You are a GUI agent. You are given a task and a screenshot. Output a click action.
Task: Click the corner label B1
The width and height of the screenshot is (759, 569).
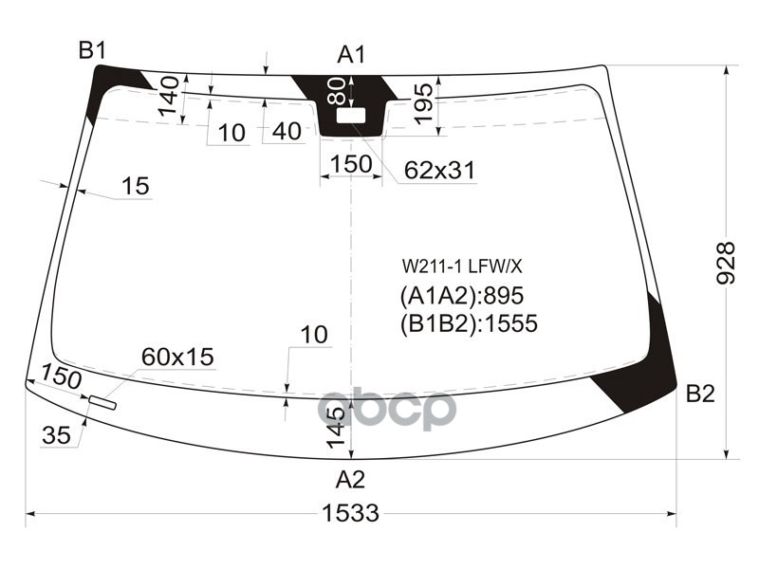click(92, 51)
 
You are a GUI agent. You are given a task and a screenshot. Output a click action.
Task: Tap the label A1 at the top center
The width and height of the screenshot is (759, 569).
click(351, 55)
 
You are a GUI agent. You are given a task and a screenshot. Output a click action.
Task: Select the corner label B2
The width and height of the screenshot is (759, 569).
click(699, 395)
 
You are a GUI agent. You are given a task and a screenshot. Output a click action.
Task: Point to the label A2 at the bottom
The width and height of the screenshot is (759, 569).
click(350, 479)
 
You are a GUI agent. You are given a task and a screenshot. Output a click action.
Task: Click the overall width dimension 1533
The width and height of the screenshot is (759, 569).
click(350, 513)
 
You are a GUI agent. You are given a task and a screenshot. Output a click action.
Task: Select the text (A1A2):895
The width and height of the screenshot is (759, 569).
click(461, 294)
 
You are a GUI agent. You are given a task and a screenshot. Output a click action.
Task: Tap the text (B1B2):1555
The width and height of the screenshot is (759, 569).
click(469, 323)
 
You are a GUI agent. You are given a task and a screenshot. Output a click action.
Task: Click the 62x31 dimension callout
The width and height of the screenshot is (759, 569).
click(439, 170)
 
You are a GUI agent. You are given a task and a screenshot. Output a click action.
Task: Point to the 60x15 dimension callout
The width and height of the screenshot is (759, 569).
click(177, 357)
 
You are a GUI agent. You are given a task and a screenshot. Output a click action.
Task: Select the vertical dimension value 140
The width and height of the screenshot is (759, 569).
click(169, 98)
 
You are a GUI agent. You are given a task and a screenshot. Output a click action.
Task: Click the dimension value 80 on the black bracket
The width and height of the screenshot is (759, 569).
click(336, 92)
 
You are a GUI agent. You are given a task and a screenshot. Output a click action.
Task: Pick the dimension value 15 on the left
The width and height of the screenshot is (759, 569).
click(136, 186)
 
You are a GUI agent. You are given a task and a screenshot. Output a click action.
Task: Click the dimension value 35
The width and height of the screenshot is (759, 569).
click(57, 435)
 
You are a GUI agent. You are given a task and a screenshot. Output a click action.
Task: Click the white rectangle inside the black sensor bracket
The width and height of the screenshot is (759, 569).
click(352, 116)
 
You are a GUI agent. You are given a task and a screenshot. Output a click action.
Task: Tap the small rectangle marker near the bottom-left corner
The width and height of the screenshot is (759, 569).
click(102, 404)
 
